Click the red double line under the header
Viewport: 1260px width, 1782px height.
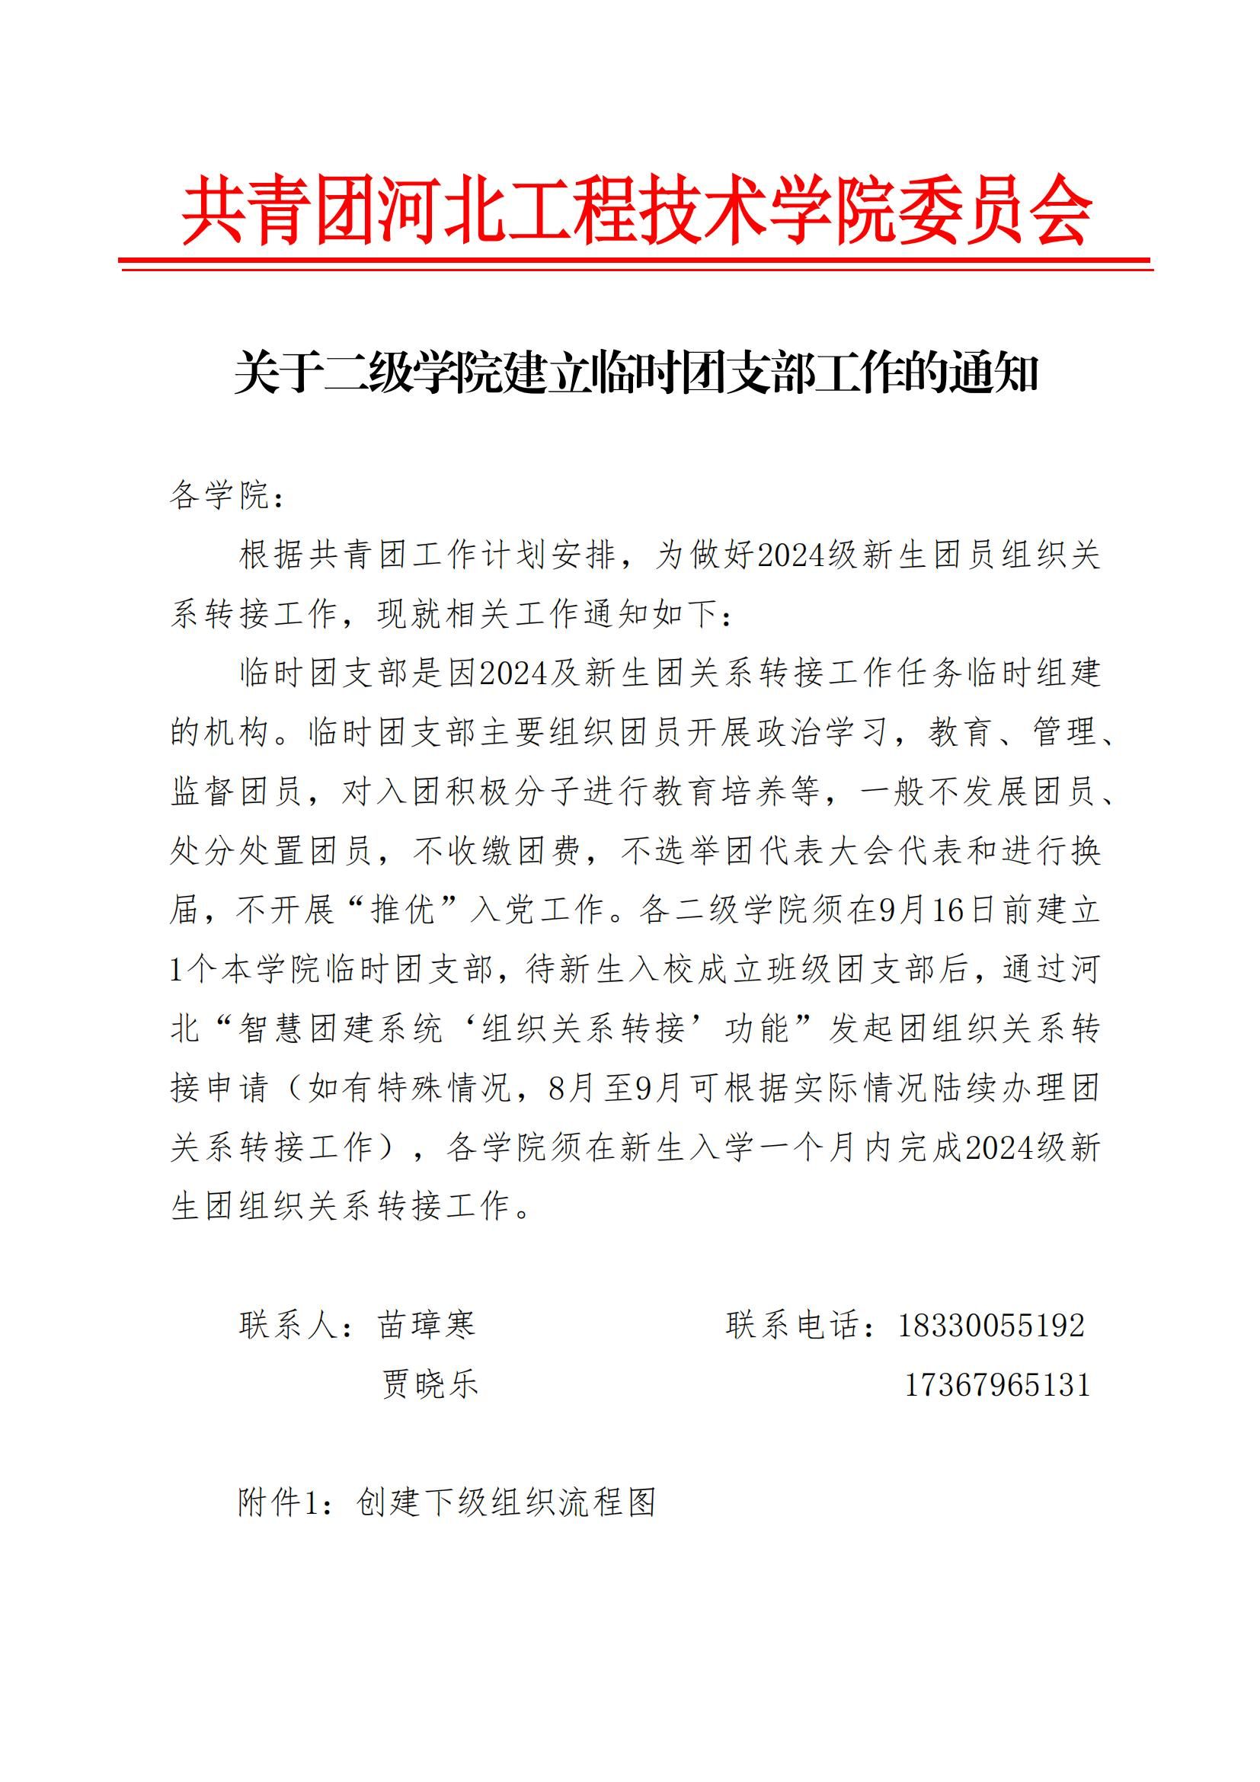click(x=636, y=264)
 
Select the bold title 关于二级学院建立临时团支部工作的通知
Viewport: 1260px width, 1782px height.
click(x=636, y=374)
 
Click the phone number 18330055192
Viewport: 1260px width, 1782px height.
click(x=991, y=1325)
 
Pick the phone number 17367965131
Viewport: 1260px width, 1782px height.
click(x=998, y=1384)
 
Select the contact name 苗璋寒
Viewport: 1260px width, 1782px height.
click(x=427, y=1325)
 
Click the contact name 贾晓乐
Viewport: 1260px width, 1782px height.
click(x=430, y=1384)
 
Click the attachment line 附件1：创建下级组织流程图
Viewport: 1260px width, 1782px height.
click(x=448, y=1502)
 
